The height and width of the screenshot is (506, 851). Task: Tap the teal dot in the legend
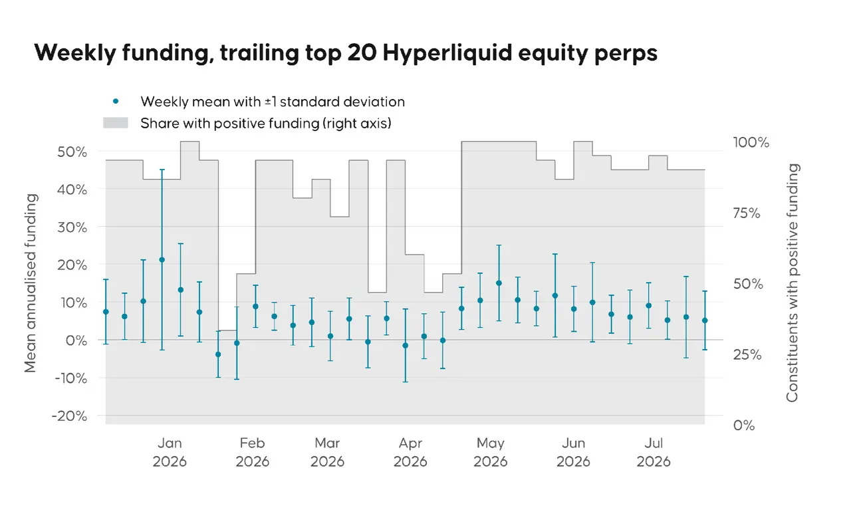[x=116, y=102]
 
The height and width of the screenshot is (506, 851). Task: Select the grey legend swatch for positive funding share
[x=116, y=123]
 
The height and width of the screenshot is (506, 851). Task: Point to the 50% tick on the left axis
[x=72, y=152]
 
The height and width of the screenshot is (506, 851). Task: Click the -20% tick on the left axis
[x=70, y=416]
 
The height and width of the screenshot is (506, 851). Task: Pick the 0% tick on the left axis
[x=76, y=340]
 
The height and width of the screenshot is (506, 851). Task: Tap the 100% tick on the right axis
[x=751, y=142]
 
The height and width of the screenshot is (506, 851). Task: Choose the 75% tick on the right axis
[x=747, y=213]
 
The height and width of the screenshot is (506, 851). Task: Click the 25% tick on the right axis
[x=747, y=355]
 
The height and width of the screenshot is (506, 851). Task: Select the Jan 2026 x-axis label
[x=170, y=452]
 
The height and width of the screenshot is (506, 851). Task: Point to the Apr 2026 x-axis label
[x=410, y=452]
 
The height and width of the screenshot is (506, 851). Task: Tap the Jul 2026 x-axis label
[x=654, y=452]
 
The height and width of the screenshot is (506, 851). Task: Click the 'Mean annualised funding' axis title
[x=31, y=283]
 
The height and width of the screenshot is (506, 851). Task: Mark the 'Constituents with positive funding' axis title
[x=792, y=283]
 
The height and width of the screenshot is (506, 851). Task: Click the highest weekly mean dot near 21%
[x=162, y=260]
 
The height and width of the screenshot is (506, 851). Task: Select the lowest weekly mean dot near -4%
[x=218, y=354]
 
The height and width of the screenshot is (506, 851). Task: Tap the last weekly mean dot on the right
[x=705, y=320]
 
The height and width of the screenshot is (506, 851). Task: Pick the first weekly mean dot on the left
[x=106, y=312]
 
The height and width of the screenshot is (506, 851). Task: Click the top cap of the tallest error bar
[x=162, y=170]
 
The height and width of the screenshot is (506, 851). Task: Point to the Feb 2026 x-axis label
[x=252, y=452]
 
